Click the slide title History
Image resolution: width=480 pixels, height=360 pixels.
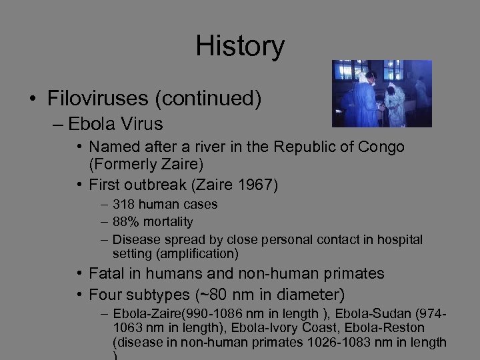coord(240,46)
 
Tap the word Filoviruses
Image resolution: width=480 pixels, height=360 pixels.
coord(98,99)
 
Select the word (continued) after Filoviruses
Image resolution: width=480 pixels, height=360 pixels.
coord(207,99)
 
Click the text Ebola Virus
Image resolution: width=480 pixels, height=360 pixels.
coord(115,124)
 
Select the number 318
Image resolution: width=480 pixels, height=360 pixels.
coord(123,205)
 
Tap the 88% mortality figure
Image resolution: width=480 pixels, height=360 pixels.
coord(125,221)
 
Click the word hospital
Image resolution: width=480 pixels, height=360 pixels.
coord(400,239)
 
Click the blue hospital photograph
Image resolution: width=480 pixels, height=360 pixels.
coord(382,93)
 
